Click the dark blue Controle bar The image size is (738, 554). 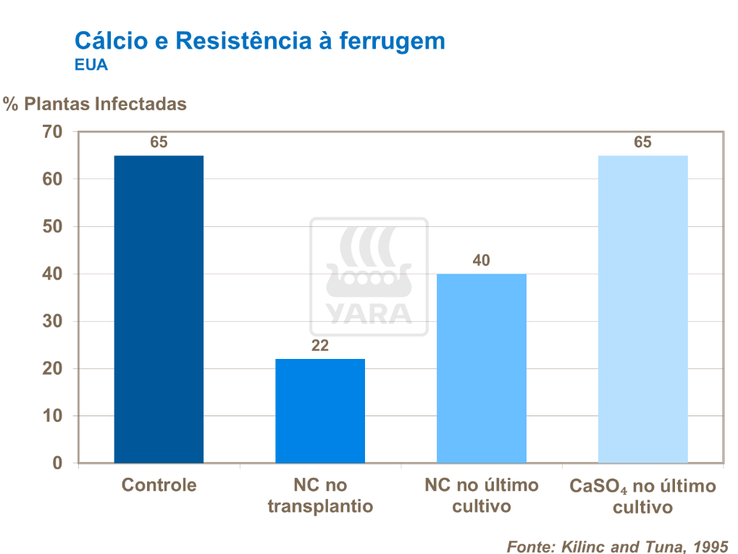[159, 309]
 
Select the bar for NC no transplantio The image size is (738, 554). [320, 410]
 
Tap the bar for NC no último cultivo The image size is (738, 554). [482, 368]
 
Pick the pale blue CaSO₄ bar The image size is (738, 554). [642, 309]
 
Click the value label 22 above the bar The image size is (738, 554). [320, 346]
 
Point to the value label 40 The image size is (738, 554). [482, 260]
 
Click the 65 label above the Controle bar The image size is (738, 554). [159, 143]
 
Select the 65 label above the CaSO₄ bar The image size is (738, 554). [642, 143]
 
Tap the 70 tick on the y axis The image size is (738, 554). [53, 132]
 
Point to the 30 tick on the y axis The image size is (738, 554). [53, 321]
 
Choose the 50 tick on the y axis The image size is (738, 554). [53, 227]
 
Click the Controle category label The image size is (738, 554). [159, 485]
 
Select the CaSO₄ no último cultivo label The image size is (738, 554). [642, 497]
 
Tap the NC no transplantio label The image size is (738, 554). [320, 495]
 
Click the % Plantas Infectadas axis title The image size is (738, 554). [95, 104]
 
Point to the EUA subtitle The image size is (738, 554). [91, 65]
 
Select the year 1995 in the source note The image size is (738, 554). [710, 545]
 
